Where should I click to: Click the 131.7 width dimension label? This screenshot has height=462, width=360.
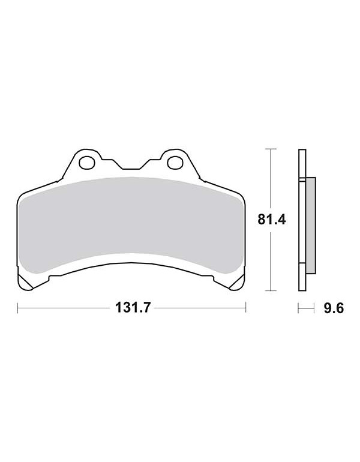(133, 308)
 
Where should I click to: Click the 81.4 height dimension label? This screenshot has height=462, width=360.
(272, 220)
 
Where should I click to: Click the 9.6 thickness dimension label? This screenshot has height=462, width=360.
(334, 308)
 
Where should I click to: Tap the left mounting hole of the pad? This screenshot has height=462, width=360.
(86, 163)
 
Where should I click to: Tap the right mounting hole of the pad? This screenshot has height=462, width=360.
(175, 163)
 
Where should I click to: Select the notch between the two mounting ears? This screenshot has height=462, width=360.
(131, 164)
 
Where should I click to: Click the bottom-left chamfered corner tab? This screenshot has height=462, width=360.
(26, 282)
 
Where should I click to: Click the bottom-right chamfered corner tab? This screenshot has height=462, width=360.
(236, 282)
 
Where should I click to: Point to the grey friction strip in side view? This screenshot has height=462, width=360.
(311, 225)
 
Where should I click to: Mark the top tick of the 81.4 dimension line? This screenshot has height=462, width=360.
(271, 149)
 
